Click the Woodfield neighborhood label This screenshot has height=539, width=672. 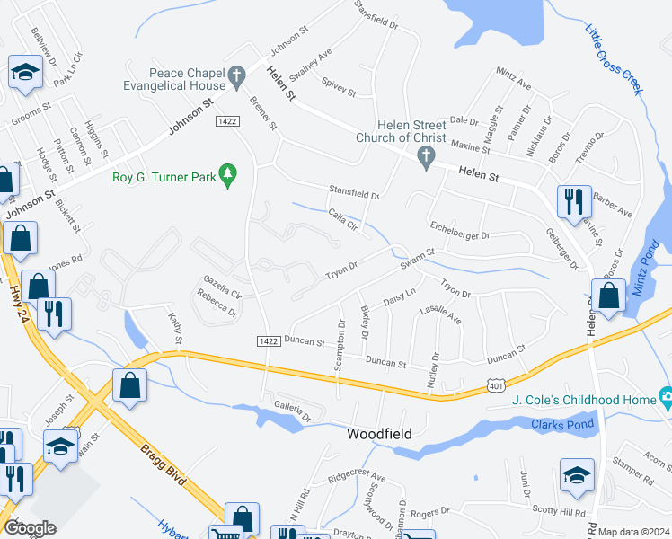point(379,434)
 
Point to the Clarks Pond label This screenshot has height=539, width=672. point(558,424)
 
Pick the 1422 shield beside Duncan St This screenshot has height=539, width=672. point(267,340)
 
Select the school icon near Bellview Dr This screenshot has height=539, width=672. point(24,71)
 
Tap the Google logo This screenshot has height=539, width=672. point(30,527)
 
